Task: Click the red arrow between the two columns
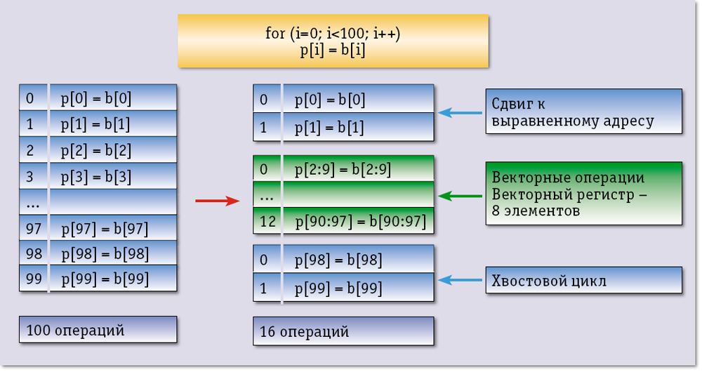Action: tap(218, 201)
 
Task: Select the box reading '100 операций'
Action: tap(98, 329)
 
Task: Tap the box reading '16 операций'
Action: tap(343, 331)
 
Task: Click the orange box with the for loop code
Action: tap(332, 41)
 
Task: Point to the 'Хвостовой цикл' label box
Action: tap(583, 281)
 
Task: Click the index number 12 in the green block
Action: tap(267, 221)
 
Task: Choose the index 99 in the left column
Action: tap(34, 279)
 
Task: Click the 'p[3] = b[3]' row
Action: tap(98, 176)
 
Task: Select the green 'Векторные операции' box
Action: tap(583, 194)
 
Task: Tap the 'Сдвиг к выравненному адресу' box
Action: tap(583, 112)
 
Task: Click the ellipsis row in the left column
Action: tap(98, 202)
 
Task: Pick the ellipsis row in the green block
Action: tap(343, 196)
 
